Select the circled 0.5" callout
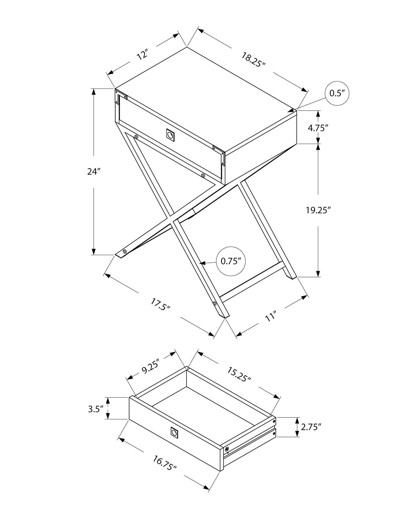point(337,93)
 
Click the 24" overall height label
point(92,172)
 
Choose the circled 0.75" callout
point(231,261)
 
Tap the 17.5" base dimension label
point(160,304)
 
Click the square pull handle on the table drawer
point(170,134)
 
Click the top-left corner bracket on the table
point(121,97)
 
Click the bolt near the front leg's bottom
point(214,303)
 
